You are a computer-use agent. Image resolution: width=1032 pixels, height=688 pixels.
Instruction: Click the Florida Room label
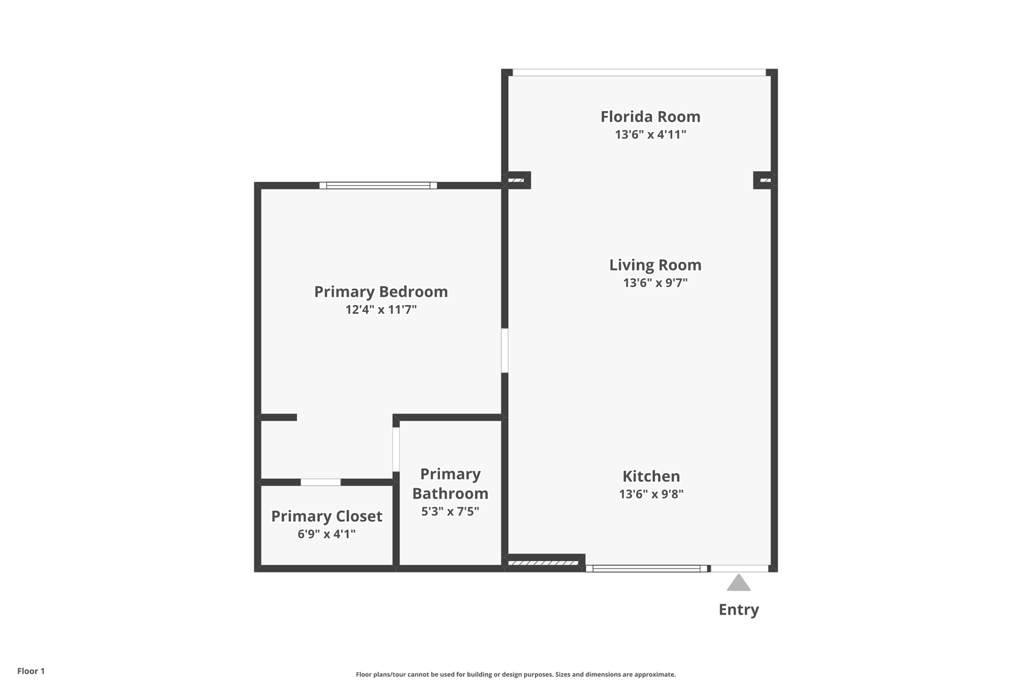tap(650, 116)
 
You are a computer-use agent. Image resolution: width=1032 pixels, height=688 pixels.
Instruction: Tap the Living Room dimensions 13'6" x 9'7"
tap(655, 283)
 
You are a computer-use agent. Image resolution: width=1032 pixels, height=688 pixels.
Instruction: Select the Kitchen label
tap(651, 476)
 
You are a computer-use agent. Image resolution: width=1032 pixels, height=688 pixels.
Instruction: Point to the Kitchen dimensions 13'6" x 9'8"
tap(651, 494)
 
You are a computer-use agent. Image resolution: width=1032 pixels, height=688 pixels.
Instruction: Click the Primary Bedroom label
tap(381, 291)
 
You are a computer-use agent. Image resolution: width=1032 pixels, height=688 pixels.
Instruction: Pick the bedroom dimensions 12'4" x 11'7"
tap(381, 309)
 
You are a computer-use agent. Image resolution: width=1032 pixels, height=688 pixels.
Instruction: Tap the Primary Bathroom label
tap(450, 483)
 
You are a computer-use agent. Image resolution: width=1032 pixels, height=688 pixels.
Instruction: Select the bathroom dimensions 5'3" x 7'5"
tap(450, 512)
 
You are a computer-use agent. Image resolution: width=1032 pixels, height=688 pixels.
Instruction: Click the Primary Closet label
tap(327, 516)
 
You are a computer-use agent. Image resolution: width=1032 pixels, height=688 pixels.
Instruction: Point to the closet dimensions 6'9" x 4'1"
tap(327, 534)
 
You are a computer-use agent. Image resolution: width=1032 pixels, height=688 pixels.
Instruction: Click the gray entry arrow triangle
tap(738, 584)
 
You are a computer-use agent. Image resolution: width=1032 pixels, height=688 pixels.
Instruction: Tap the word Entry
tap(738, 609)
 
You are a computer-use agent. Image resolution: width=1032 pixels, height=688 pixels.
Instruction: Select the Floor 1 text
tap(31, 671)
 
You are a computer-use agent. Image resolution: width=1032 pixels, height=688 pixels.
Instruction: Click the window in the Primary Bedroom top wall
tap(378, 185)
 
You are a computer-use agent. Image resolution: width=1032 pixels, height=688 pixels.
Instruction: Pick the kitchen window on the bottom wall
tap(647, 569)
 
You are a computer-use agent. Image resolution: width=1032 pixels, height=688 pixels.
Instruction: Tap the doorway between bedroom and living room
tap(504, 350)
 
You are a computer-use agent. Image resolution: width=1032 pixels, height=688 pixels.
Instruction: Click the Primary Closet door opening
tap(320, 482)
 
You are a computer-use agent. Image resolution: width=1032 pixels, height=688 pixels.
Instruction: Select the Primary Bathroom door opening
tap(396, 449)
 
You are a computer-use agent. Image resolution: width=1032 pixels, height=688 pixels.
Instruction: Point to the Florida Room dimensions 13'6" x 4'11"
tap(650, 135)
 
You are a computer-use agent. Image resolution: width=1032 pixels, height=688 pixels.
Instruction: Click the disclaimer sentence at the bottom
tap(515, 674)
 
